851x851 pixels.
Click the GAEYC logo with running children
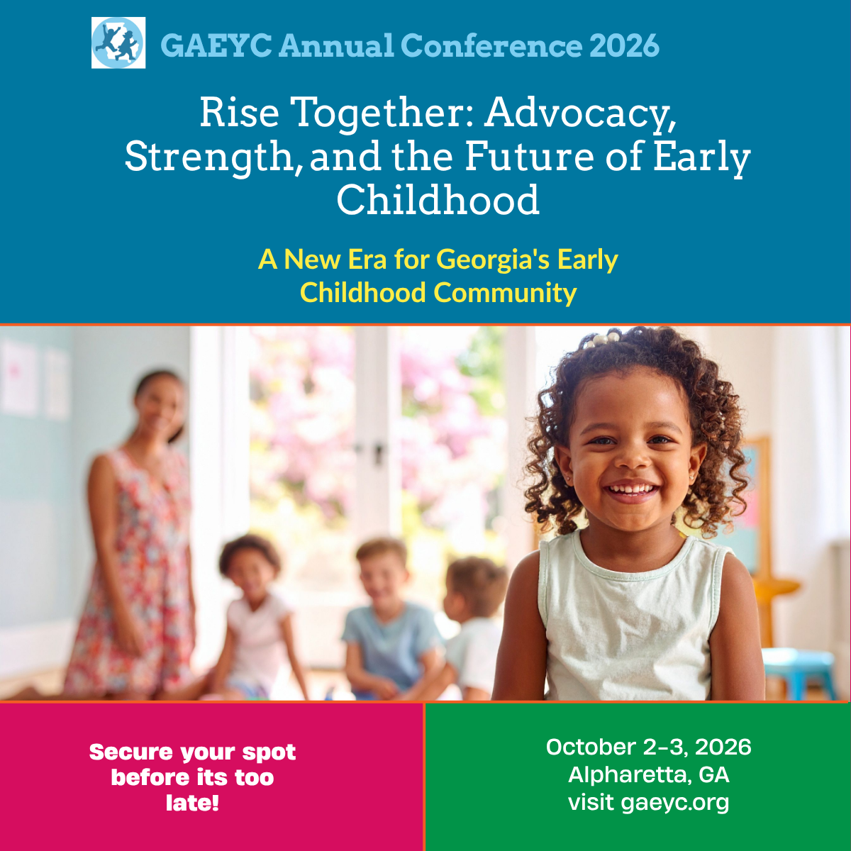click(x=118, y=43)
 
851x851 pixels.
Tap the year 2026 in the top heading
click(x=624, y=46)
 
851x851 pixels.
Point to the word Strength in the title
click(x=208, y=157)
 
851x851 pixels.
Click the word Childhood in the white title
click(x=438, y=201)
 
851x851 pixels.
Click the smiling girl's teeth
click(x=631, y=489)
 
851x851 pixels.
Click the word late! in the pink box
click(x=192, y=803)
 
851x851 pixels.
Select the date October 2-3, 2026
click(x=648, y=747)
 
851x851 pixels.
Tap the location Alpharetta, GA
click(x=648, y=774)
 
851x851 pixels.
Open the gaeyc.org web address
click(x=674, y=803)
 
